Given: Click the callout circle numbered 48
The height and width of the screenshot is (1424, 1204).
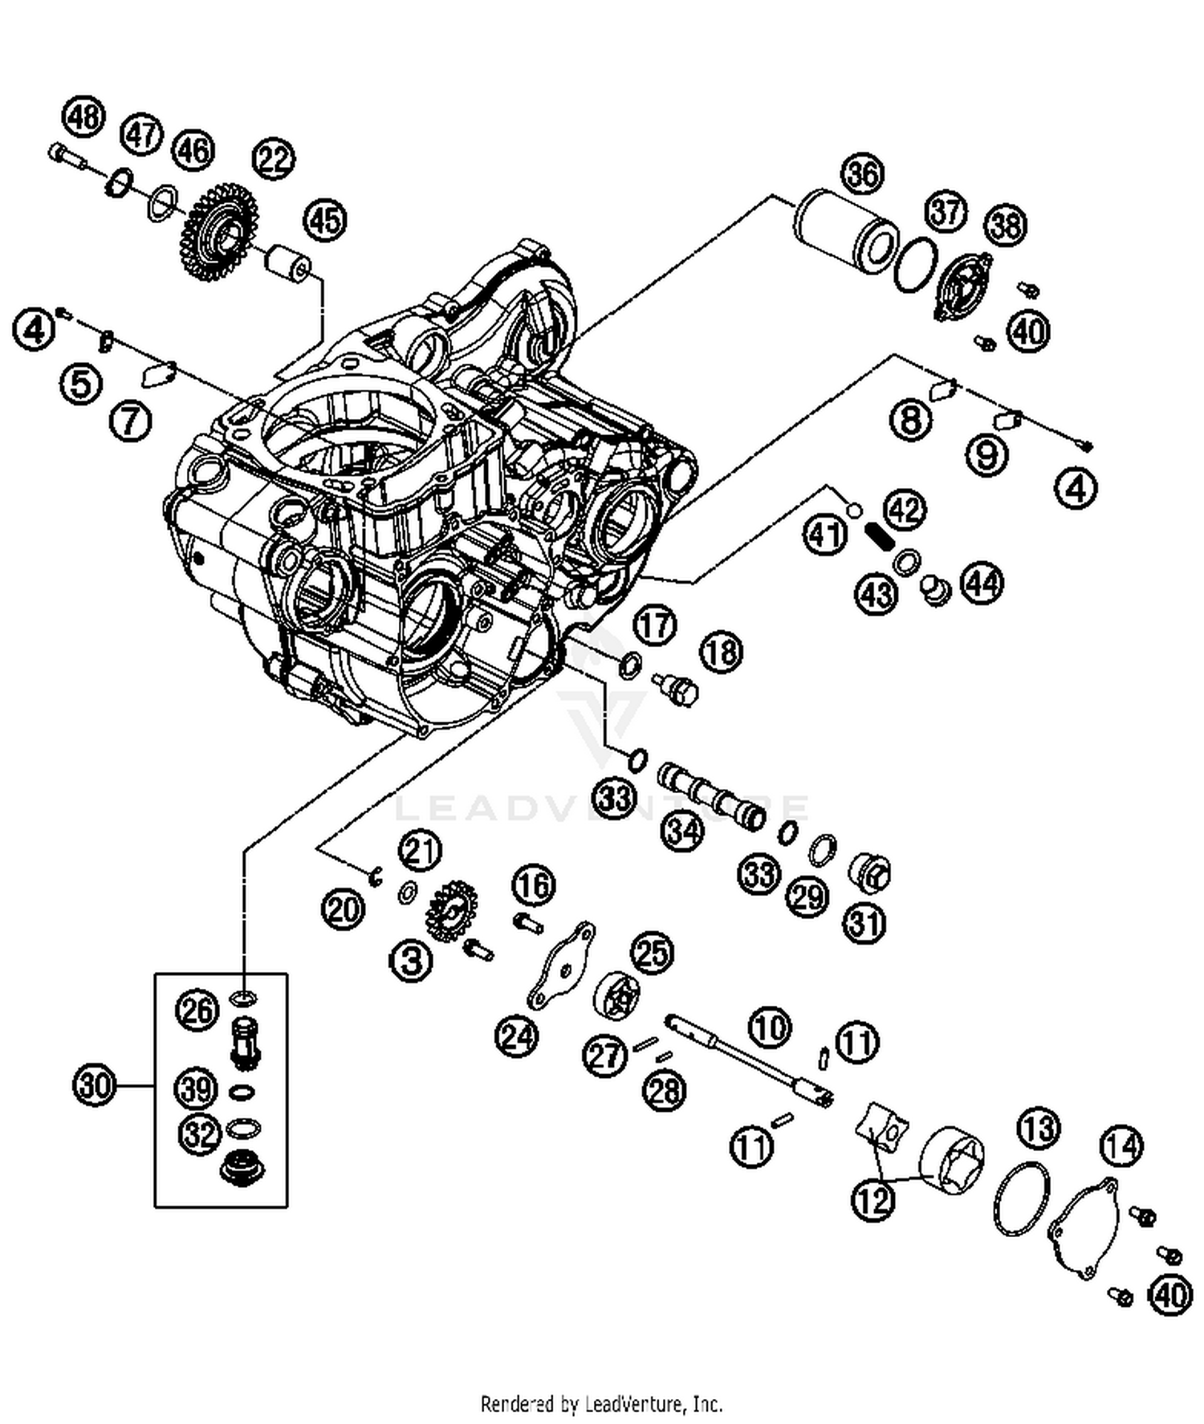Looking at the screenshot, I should point(84,117).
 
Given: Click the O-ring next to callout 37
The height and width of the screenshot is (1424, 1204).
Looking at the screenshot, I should point(917,265).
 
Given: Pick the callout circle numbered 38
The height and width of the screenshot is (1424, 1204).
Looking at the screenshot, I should point(1006,226).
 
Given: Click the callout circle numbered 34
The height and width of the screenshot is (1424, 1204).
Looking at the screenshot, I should point(682,831).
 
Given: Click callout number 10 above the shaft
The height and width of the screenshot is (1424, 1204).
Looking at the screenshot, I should point(771,1027).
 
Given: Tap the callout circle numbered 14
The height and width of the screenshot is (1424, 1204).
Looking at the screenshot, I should point(1121,1145).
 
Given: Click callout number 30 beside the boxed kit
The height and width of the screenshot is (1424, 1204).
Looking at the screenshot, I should point(95,1087).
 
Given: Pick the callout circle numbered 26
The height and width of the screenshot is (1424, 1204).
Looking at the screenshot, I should point(197,1011).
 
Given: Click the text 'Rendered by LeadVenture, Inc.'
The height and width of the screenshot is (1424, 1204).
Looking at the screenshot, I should point(601,1404).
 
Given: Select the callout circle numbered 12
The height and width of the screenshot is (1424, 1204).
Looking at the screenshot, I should point(873,1200).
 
